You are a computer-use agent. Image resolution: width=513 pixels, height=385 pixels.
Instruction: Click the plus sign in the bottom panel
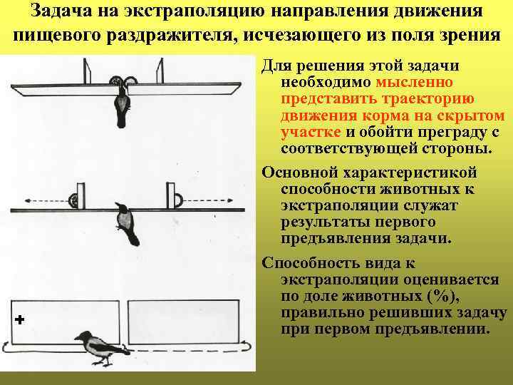pos(19,320)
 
